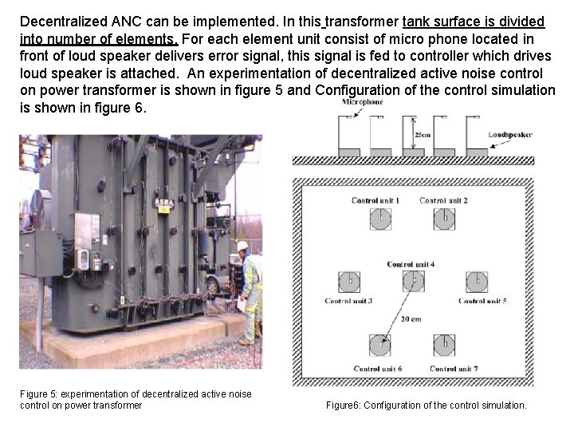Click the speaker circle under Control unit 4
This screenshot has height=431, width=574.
(x=412, y=281)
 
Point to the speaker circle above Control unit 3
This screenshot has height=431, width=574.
(x=349, y=281)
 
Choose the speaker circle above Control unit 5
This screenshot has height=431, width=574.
(x=477, y=281)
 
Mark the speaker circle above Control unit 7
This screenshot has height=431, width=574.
(x=445, y=345)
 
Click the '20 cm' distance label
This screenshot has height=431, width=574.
(x=411, y=319)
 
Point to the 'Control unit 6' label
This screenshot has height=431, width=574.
(x=377, y=369)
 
